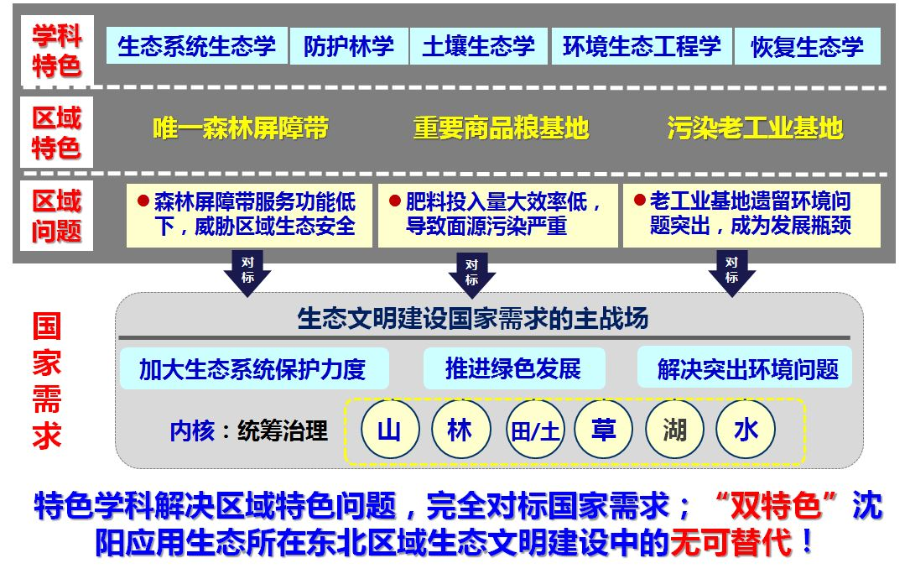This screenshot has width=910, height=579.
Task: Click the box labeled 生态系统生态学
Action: pyautogui.click(x=197, y=46)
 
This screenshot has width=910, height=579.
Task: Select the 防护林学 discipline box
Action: pyautogui.click(x=349, y=46)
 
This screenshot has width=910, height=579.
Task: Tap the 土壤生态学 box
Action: pyautogui.click(x=478, y=46)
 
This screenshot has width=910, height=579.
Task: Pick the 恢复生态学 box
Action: pyautogui.click(x=807, y=46)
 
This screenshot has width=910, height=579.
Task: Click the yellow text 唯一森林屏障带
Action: pyautogui.click(x=241, y=128)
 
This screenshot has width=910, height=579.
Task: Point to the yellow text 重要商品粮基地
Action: pyautogui.click(x=501, y=128)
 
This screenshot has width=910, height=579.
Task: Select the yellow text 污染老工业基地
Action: pyautogui.click(x=755, y=128)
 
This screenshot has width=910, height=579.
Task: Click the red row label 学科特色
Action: pyautogui.click(x=56, y=50)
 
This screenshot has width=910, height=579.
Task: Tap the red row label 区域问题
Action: pyautogui.click(x=56, y=216)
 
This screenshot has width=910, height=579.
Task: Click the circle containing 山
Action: pyautogui.click(x=389, y=430)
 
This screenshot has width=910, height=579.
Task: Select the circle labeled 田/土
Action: pyautogui.click(x=535, y=430)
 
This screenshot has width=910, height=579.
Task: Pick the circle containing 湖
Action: pyautogui.click(x=674, y=430)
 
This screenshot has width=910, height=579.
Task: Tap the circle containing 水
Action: pyautogui.click(x=746, y=430)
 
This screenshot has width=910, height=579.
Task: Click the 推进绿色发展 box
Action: pyautogui.click(x=512, y=368)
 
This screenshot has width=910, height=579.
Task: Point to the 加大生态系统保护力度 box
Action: pyautogui.click(x=253, y=369)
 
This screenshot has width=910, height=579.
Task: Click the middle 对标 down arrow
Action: pyautogui.click(x=472, y=273)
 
